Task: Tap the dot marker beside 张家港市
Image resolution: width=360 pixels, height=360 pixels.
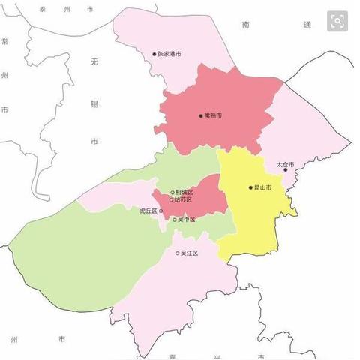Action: point(154,54)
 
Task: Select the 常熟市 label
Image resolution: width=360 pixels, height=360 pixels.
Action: point(213,116)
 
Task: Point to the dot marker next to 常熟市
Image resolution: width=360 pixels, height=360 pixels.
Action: point(201,116)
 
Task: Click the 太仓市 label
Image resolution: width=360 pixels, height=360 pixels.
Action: point(285,163)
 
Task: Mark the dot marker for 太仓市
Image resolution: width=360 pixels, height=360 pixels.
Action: point(285,169)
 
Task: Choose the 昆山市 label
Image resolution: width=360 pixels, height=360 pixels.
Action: point(263,187)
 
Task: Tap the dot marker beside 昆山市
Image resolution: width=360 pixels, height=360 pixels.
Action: point(251,187)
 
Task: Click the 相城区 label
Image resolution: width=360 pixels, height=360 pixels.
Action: point(184,193)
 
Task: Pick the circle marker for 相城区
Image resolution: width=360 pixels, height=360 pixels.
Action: point(172,193)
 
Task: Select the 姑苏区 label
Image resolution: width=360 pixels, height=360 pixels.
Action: point(184,200)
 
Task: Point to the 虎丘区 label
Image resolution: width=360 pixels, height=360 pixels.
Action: point(148,211)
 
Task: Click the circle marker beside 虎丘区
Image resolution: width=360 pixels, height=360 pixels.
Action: point(161,211)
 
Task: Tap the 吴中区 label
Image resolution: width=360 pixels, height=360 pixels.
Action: point(186,220)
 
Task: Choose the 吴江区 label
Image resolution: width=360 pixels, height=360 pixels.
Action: point(190,253)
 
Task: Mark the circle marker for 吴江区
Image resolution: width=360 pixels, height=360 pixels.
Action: point(178,253)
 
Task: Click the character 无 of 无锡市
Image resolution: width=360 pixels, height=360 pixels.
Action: point(94,62)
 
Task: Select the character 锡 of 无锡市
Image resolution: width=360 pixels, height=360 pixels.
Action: point(94,103)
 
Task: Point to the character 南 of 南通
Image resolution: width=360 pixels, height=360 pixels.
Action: point(245,25)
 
